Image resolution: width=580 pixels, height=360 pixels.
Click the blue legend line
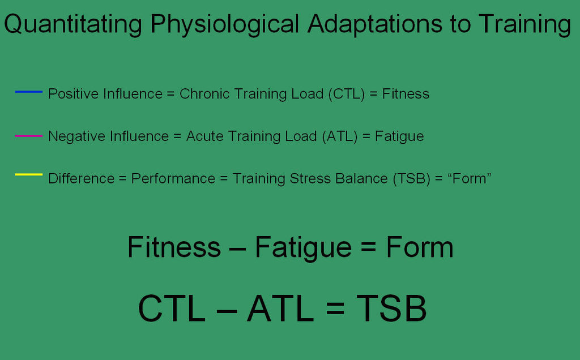[x=28, y=92]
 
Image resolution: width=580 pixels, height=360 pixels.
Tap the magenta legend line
[x=28, y=136]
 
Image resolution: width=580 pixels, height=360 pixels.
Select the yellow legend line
[x=28, y=174]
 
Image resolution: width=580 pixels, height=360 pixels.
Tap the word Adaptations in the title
[x=375, y=24]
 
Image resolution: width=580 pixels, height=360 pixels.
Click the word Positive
[x=74, y=94]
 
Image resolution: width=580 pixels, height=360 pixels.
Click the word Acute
[x=204, y=136]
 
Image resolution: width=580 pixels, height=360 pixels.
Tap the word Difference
[x=82, y=179]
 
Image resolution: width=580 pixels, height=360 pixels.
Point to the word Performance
[x=173, y=179]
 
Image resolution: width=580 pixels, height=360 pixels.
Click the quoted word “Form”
[x=469, y=179]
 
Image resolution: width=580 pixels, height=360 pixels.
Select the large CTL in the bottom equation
[x=172, y=308]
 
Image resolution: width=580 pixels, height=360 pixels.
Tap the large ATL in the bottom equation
[x=280, y=308]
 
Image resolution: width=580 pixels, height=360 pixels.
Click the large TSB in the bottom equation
[x=391, y=308]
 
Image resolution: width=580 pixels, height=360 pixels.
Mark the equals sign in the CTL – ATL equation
[x=335, y=308]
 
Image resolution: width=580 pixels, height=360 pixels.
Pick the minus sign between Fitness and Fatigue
[x=237, y=248]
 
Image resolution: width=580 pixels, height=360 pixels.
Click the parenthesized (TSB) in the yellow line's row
[x=411, y=179]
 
